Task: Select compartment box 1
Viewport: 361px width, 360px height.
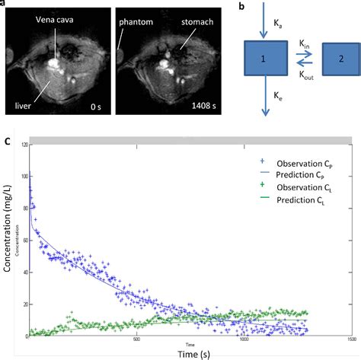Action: pos(265,59)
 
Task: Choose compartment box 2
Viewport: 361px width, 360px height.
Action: pos(338,59)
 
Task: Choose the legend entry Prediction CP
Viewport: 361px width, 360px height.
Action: pos(292,175)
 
